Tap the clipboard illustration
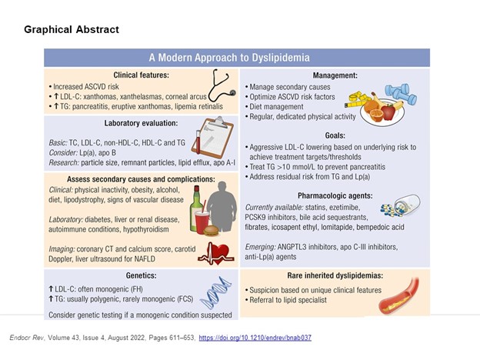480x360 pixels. [212, 137]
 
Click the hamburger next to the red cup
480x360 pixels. [211, 231]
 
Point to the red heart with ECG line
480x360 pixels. [217, 253]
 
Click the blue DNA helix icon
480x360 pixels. [215, 292]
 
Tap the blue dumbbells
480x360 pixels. [401, 94]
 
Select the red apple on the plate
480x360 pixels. [388, 112]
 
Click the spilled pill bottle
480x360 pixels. [401, 205]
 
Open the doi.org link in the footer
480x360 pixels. [255, 338]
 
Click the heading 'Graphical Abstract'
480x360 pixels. [72, 29]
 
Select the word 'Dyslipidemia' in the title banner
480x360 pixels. [281, 58]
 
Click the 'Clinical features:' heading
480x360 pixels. [141, 75]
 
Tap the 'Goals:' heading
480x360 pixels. [335, 135]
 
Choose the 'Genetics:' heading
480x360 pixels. [141, 275]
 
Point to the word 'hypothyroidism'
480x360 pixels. [146, 229]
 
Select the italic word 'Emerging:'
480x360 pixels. [260, 247]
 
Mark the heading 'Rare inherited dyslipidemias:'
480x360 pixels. [335, 275]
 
